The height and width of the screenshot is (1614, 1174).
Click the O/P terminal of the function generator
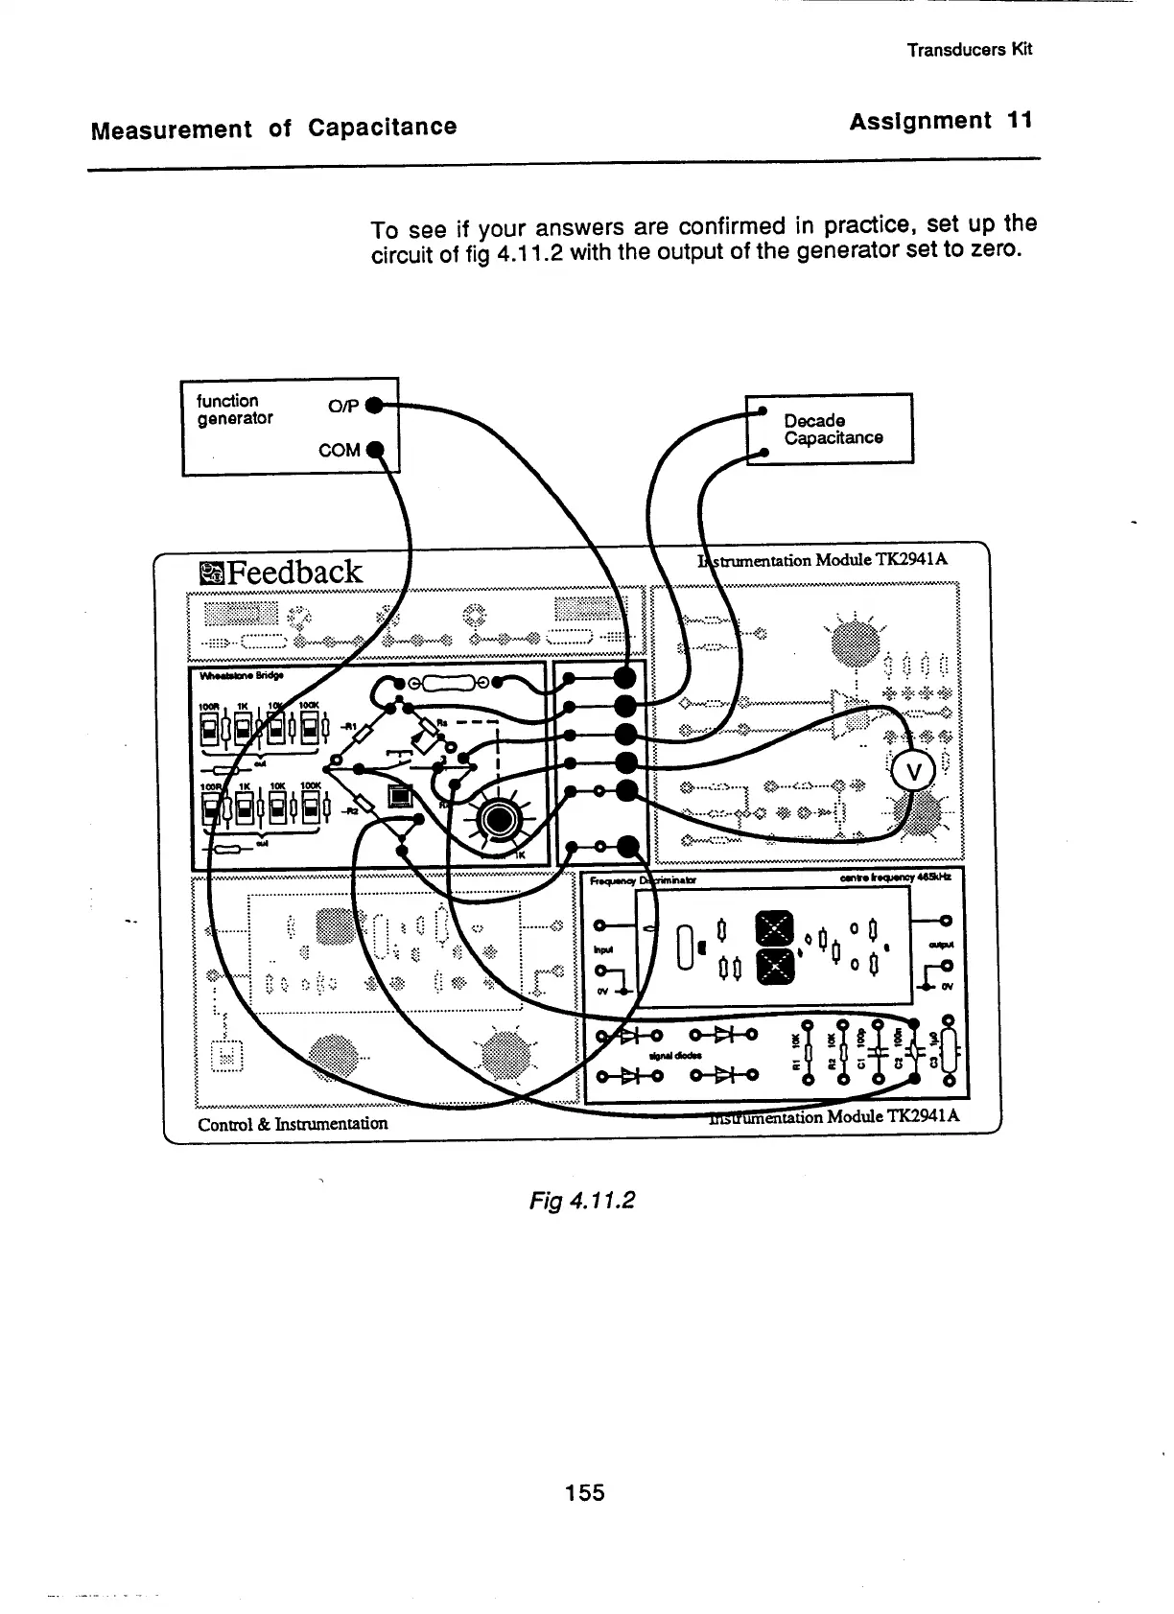tap(375, 405)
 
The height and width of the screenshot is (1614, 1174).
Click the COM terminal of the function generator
tap(375, 450)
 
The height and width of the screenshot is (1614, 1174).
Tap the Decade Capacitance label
tap(833, 430)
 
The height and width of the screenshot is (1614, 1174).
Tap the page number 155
tap(585, 1492)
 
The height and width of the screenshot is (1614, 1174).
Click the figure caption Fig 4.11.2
tap(583, 1200)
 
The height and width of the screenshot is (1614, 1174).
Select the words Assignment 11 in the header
tap(940, 121)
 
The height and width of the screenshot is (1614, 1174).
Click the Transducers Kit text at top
tap(969, 50)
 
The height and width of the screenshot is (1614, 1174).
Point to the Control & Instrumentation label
tap(293, 1123)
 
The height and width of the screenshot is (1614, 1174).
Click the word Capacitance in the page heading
tap(382, 128)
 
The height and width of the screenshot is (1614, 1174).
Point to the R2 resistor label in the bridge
tap(348, 809)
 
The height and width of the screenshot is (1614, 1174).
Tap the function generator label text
tap(234, 409)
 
